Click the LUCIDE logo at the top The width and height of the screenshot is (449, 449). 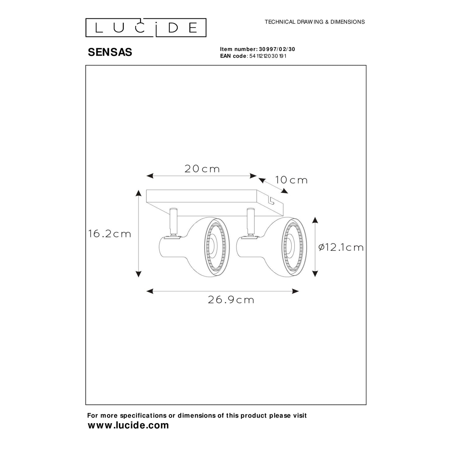[146, 27]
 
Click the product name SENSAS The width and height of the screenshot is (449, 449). [110, 53]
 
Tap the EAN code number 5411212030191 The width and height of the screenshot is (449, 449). [268, 56]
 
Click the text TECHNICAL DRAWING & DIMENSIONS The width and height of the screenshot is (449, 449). [314, 22]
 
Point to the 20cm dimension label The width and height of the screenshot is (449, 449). [202, 169]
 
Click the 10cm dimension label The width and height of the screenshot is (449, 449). [291, 180]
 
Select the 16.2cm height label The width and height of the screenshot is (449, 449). [110, 234]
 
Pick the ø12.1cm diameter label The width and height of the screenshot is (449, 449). [341, 247]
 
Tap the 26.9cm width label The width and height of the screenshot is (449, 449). [231, 300]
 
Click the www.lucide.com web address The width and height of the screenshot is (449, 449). [128, 425]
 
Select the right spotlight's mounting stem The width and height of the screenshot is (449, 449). [250, 221]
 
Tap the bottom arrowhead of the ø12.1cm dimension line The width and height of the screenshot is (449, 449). [315, 273]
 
